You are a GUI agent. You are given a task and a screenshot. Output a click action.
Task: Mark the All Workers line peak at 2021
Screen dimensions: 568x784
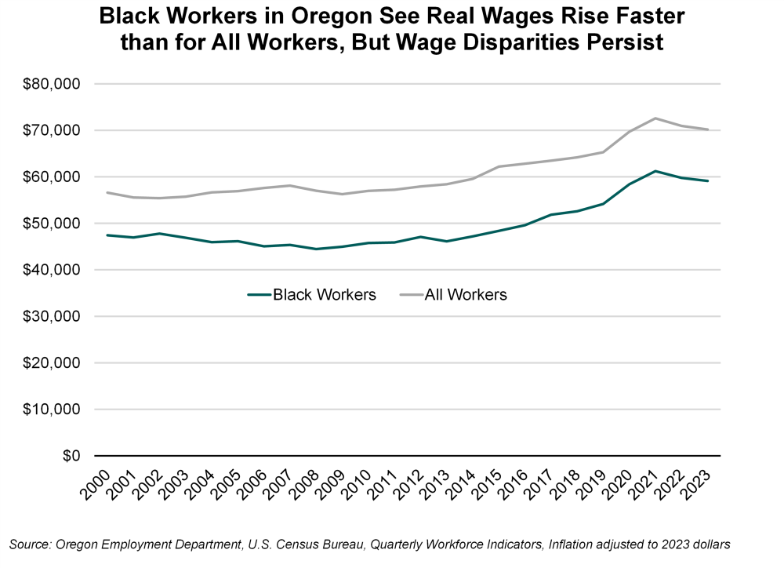pyautogui.click(x=655, y=118)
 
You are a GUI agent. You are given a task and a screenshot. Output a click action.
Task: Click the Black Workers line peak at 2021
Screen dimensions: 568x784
pyautogui.click(x=655, y=171)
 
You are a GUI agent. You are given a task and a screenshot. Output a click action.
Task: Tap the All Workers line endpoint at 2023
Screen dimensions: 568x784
pyautogui.click(x=708, y=129)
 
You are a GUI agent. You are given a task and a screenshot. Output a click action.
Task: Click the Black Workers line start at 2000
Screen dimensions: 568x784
pyautogui.click(x=107, y=235)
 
